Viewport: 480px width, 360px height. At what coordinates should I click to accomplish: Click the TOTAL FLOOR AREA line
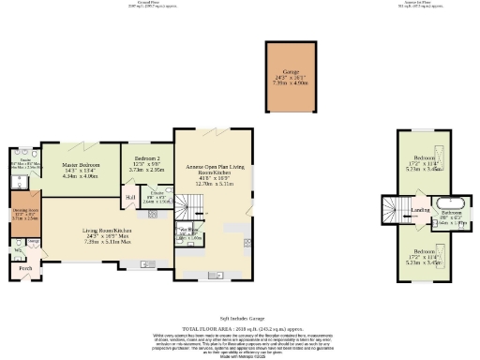(x=240, y=329)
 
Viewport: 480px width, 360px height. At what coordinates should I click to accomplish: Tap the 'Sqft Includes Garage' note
(x=239, y=319)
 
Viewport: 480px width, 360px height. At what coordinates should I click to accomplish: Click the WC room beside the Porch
(x=17, y=250)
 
